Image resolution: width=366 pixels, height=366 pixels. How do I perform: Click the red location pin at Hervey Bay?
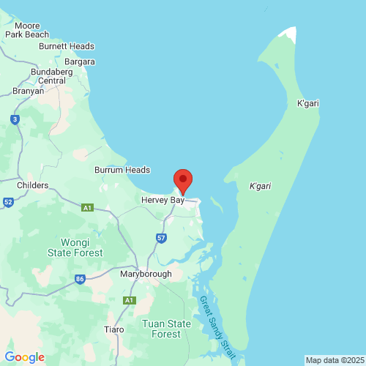click(182, 180)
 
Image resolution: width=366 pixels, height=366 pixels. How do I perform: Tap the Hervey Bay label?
click(163, 200)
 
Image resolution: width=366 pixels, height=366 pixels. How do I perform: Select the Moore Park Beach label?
click(26, 30)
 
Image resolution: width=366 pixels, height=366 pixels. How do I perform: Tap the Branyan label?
click(28, 91)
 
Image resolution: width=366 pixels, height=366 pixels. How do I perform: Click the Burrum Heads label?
click(122, 170)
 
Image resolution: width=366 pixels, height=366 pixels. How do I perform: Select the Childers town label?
click(32, 186)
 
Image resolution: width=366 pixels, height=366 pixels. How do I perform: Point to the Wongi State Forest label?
click(75, 247)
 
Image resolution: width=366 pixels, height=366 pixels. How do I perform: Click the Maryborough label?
click(146, 274)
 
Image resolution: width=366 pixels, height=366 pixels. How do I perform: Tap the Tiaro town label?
click(114, 329)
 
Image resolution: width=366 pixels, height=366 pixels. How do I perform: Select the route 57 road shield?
click(161, 238)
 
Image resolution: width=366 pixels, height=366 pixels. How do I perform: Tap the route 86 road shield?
click(80, 279)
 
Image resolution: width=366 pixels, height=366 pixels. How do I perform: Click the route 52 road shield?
click(8, 202)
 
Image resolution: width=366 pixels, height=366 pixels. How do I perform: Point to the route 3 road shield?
click(15, 119)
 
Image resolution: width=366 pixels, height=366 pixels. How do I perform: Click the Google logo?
click(24, 357)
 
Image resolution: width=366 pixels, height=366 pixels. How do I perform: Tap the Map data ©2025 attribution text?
click(334, 360)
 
